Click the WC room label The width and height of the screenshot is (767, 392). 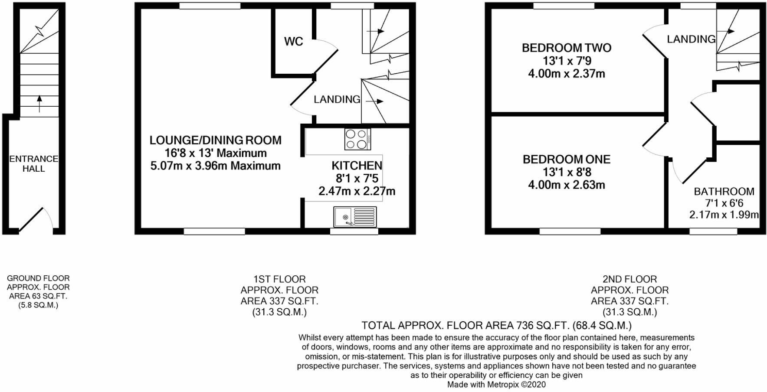(x=293, y=42)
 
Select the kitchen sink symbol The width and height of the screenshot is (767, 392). (x=355, y=216)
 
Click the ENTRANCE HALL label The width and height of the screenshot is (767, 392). (x=33, y=163)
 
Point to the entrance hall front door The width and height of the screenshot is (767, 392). (x=31, y=220)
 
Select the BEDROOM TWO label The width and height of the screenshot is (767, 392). (x=566, y=48)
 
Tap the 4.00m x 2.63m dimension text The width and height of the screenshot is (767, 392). (x=566, y=185)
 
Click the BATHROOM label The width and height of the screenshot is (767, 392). (x=724, y=191)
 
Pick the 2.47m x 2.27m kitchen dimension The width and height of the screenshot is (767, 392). (x=357, y=191)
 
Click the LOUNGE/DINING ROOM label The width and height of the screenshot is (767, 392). (x=215, y=140)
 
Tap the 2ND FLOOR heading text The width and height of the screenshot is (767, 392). (x=629, y=279)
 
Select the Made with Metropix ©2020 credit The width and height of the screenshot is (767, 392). (x=496, y=385)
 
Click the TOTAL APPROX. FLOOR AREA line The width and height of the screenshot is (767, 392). (x=496, y=325)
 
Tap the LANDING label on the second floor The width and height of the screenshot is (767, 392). (x=691, y=39)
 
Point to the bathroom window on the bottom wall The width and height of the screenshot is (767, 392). (x=713, y=231)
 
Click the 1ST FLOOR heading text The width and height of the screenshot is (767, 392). (x=279, y=279)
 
